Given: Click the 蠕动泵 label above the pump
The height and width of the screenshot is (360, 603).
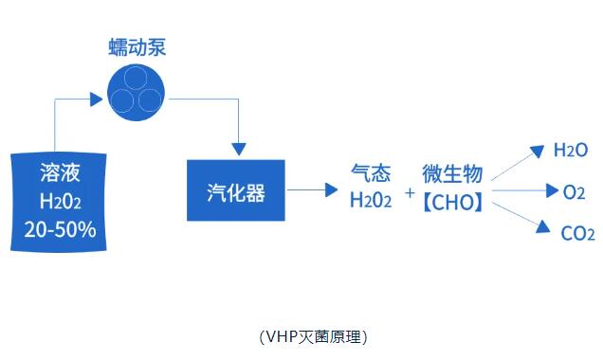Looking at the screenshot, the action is click(137, 47).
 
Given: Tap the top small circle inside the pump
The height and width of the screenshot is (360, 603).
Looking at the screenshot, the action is click(136, 78).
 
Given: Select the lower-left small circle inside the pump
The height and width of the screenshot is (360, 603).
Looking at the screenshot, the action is click(122, 100).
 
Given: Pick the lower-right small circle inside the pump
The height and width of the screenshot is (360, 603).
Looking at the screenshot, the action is click(150, 100).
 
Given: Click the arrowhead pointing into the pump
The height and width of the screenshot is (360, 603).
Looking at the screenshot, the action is click(96, 99).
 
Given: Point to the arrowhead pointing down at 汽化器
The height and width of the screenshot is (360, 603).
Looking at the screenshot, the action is click(239, 149).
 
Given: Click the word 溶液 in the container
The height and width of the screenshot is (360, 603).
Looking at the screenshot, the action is click(60, 172).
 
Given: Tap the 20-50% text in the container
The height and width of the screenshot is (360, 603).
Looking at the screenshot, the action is click(61, 230).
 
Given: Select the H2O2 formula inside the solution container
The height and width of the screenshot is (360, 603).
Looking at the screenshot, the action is click(61, 201).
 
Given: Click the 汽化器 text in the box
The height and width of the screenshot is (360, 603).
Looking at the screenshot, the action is click(236, 192).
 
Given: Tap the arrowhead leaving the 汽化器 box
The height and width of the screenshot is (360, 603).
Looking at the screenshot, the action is click(331, 189).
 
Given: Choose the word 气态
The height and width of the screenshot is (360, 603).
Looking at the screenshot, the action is click(371, 172).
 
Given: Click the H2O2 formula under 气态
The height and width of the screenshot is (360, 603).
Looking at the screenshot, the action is click(371, 200).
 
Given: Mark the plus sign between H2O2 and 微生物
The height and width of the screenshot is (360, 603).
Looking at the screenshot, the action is click(410, 192).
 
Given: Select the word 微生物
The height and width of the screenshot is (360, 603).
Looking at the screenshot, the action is click(452, 173).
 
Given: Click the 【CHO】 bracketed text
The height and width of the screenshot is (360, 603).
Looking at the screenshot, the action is click(452, 202).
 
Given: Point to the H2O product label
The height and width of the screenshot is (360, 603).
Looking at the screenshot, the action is click(571, 151).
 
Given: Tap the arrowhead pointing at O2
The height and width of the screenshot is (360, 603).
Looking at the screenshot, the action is click(552, 190).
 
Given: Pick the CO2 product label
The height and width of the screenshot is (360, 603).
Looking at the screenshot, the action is click(577, 234).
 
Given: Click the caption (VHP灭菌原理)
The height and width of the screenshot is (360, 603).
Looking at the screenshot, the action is click(314, 337).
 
